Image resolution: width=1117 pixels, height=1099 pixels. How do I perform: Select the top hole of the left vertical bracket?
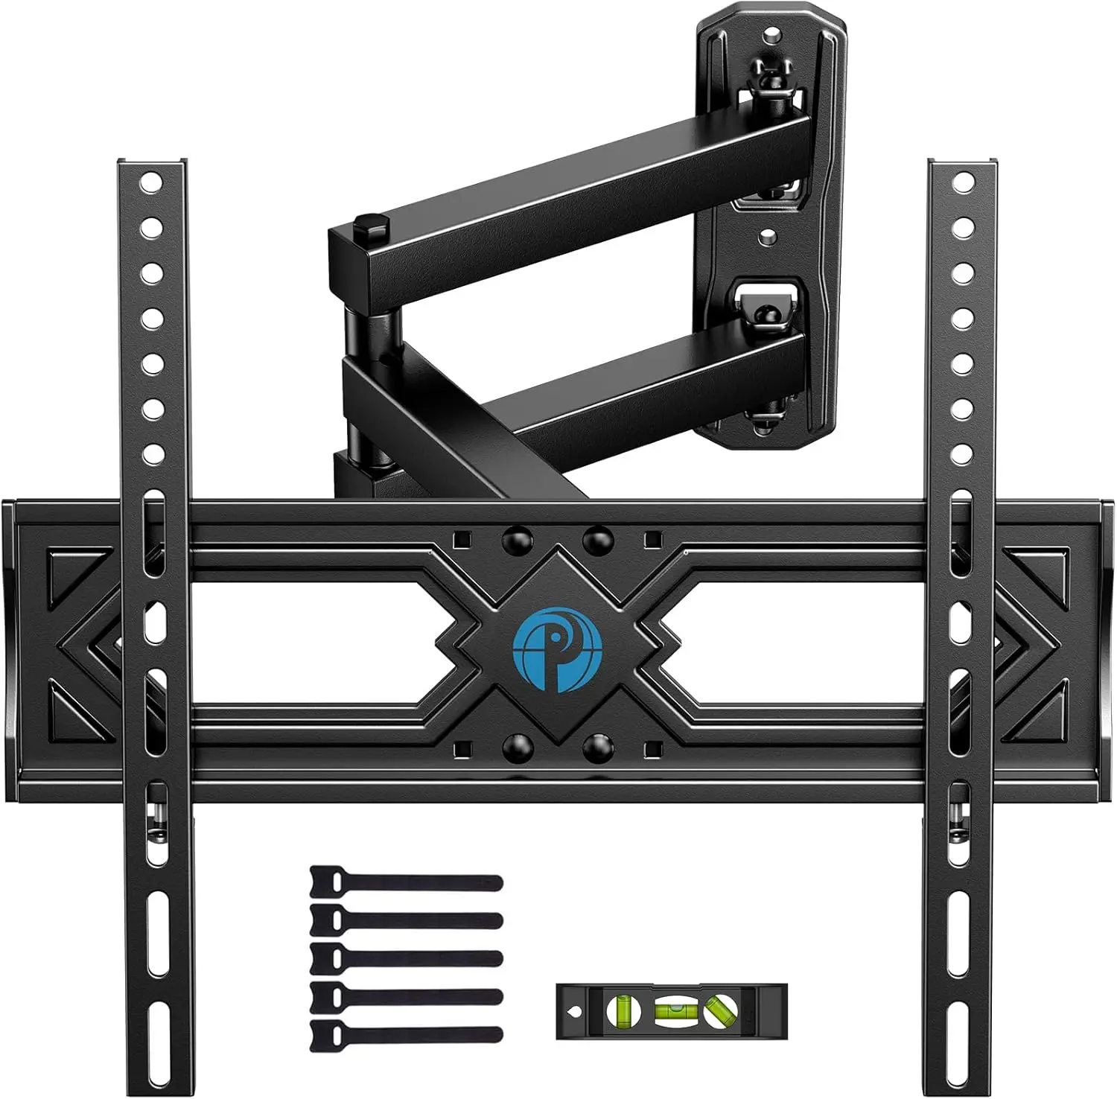[x=151, y=182]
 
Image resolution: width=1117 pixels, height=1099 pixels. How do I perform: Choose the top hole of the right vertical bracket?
[x=964, y=182]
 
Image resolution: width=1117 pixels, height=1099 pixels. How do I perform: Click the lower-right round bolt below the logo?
[x=597, y=748]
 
